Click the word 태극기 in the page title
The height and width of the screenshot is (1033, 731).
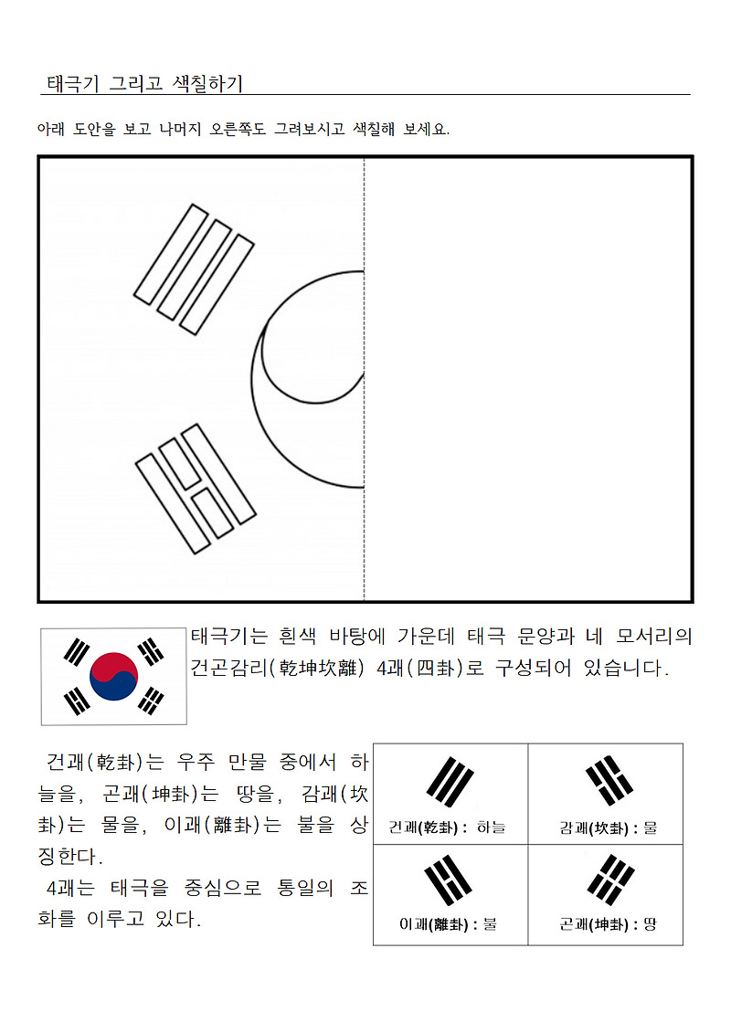72,84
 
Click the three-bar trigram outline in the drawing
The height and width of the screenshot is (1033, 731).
194,269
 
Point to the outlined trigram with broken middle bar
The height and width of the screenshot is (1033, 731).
196,488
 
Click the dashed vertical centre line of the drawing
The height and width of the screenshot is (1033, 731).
364,379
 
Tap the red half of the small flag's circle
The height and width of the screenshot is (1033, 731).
112,667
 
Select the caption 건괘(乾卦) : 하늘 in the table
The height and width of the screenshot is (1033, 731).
447,827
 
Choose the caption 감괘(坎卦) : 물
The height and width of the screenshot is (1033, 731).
609,827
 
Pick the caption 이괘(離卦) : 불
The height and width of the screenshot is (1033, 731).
448,923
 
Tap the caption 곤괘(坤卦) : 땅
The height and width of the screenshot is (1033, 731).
609,923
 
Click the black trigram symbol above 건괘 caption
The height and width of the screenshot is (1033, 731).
450,782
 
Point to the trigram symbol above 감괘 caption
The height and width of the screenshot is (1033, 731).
609,781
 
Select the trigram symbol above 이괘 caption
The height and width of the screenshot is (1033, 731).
449,880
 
